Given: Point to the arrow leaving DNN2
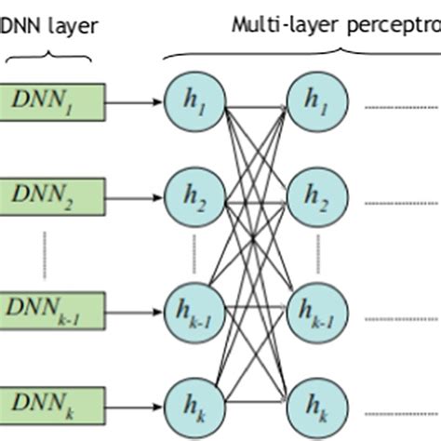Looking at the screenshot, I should (x=134, y=196).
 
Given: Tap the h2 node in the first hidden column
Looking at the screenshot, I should (x=193, y=197).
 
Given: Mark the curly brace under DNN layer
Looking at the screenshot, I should (x=48, y=57).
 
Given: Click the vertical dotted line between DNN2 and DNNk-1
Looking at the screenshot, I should (x=43, y=253).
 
